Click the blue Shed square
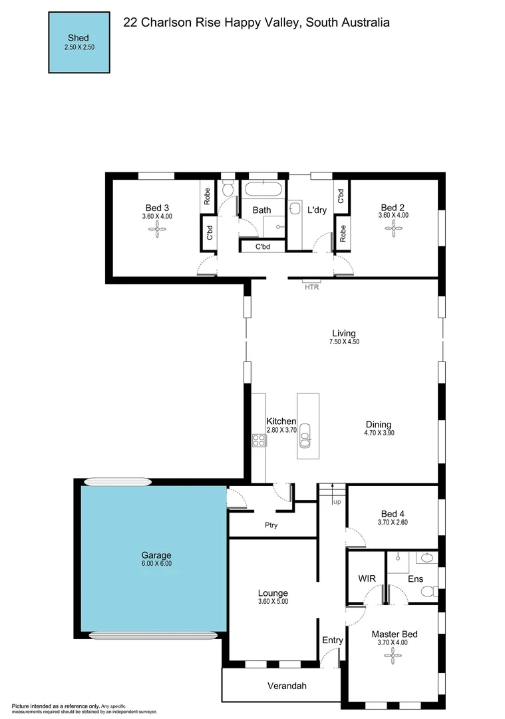(x=78, y=42)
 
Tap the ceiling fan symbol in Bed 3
(x=157, y=230)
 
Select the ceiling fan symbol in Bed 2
(x=393, y=230)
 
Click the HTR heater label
(x=311, y=288)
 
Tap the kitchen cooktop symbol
(x=258, y=439)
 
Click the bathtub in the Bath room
(x=263, y=188)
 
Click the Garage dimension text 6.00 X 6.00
(x=156, y=564)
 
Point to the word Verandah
(x=287, y=686)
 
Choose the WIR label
(x=367, y=579)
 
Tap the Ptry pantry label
(x=271, y=525)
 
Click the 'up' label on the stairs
(x=337, y=501)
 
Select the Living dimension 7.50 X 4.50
(x=344, y=342)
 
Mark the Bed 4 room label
(x=393, y=513)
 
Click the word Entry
(x=333, y=640)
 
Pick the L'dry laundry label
(x=317, y=210)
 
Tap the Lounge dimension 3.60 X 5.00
(x=273, y=602)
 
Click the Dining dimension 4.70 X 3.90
(x=379, y=433)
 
